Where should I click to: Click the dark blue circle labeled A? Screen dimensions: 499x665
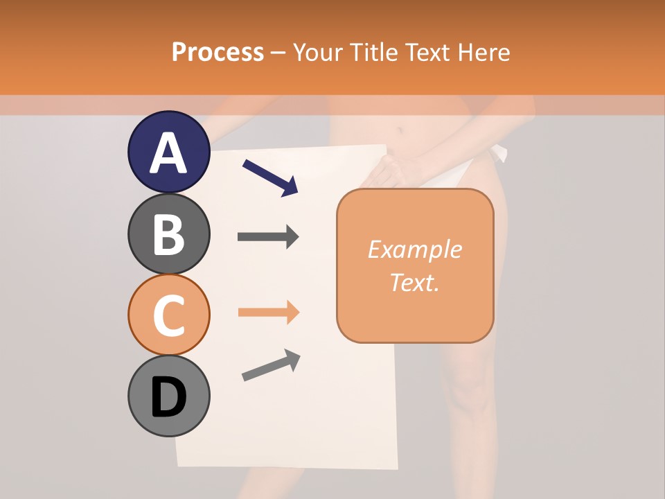tap(168, 152)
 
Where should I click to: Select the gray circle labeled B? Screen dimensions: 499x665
tap(168, 234)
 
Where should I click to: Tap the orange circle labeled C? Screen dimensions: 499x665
tap(168, 315)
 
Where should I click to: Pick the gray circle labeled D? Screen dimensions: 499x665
tap(168, 396)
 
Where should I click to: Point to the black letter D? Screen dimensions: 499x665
tap(168, 397)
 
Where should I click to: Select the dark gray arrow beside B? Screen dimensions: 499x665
tap(268, 237)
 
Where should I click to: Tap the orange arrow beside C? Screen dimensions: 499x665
tap(268, 313)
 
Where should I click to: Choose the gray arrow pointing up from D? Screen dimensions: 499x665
tap(271, 365)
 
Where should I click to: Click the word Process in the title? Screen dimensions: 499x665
tap(218, 52)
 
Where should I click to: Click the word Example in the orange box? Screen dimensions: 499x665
tap(415, 249)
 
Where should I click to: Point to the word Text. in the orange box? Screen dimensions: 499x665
tap(415, 282)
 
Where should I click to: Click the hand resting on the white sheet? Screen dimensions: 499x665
tap(395, 170)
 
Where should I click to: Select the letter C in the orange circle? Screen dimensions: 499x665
tap(168, 316)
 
